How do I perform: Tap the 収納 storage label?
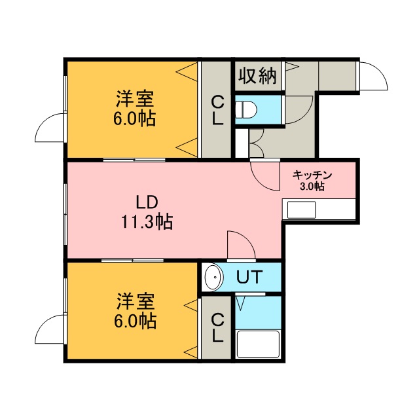click(x=257, y=75)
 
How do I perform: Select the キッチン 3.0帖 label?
click(x=312, y=181)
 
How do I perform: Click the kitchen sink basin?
click(x=301, y=209)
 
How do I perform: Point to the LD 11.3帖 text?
click(x=147, y=212)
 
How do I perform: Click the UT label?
click(x=248, y=277)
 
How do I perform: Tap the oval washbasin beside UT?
click(x=213, y=277)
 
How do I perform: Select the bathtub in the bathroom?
click(x=258, y=344)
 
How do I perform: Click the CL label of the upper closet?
click(x=217, y=111)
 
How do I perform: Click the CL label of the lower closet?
click(x=217, y=328)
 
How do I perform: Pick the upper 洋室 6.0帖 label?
click(x=135, y=109)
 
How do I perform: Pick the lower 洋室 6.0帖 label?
click(x=136, y=312)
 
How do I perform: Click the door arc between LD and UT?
click(x=247, y=237)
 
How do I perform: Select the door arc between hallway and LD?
click(x=257, y=181)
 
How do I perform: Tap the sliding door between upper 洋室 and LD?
click(x=134, y=160)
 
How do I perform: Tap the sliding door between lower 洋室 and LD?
click(x=132, y=261)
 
